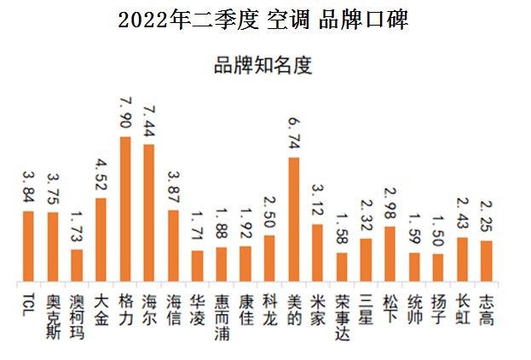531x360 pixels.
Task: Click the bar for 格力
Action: pyautogui.click(x=124, y=209)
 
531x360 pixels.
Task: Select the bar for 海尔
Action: pyautogui.click(x=148, y=213)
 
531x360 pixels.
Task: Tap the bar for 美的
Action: pyautogui.click(x=294, y=219)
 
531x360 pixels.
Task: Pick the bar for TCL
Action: pyautogui.click(x=28, y=247)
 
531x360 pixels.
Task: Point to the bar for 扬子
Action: pyautogui.click(x=438, y=268)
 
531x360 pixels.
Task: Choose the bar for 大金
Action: pyautogui.click(x=101, y=240)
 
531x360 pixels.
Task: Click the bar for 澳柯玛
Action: pyautogui.click(x=77, y=265)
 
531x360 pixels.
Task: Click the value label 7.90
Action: pyautogui.click(x=124, y=112)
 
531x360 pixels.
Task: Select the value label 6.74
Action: pyautogui.click(x=294, y=133)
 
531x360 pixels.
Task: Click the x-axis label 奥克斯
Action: pyautogui.click(x=52, y=311)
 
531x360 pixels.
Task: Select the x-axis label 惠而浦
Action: pyautogui.click(x=222, y=311)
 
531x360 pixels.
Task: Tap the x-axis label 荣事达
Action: pyautogui.click(x=342, y=311)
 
